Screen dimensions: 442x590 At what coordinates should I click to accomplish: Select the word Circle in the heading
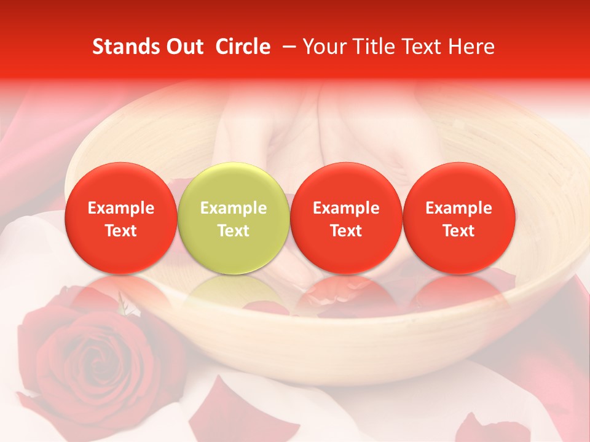click(x=243, y=47)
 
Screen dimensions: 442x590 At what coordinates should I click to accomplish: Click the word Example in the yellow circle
click(x=234, y=208)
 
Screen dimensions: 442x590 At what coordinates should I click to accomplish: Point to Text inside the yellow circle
click(x=234, y=231)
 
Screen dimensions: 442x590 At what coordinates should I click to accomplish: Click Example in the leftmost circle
click(x=121, y=208)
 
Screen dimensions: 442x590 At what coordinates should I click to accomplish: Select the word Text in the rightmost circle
click(x=458, y=231)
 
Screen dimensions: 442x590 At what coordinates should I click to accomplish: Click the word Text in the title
click(x=425, y=47)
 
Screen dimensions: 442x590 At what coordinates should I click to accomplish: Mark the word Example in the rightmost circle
click(x=458, y=208)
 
